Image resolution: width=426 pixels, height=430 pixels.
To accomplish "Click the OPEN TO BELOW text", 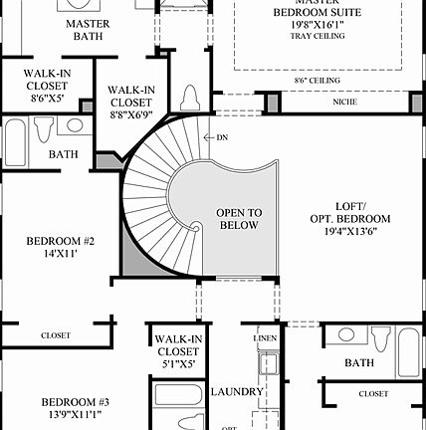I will [x=240, y=218].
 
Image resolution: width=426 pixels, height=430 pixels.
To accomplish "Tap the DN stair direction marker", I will [x=221, y=136].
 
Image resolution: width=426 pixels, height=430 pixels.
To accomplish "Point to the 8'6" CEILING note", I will [x=318, y=80].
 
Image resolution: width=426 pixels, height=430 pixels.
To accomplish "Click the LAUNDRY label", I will [x=238, y=391].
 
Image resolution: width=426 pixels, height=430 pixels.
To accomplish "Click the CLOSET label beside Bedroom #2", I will [x=56, y=335].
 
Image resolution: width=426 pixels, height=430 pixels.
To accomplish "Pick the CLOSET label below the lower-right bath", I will [x=373, y=393].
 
